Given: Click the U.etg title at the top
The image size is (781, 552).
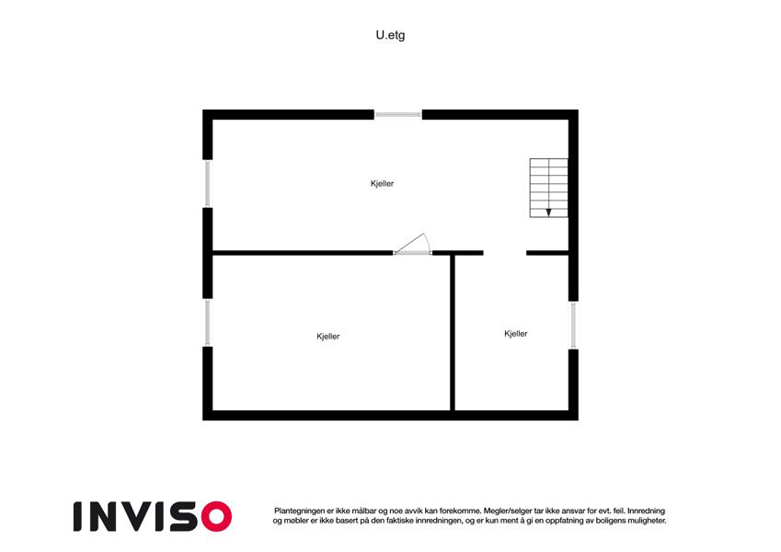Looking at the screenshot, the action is tap(390, 35).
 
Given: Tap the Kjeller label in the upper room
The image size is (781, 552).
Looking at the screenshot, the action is tap(382, 183).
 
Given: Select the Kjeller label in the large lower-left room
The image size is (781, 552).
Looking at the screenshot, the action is tap(328, 337).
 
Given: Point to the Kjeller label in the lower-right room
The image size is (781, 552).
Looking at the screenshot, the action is tap(515, 334).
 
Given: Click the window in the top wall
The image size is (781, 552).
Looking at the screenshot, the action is tap(398, 115).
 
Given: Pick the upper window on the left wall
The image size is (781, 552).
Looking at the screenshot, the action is tap(208, 183).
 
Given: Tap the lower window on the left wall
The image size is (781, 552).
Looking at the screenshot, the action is tap(208, 323).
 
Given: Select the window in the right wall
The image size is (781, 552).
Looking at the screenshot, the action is tap(573, 326).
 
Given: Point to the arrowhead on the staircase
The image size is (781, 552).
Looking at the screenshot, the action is tap(548, 213).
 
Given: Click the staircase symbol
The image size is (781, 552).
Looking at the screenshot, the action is tap(548, 188).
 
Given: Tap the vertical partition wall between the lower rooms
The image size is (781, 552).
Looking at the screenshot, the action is tap(453, 332).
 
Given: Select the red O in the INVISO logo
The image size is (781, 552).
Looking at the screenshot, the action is tap(217, 517).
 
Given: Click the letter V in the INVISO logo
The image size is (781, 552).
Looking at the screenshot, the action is tap(140, 517).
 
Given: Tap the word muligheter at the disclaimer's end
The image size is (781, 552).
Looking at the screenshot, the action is tap(646, 521).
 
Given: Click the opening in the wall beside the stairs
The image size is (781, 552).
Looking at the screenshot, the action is tap(504, 253).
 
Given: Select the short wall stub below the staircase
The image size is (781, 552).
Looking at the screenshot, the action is tap(547, 253).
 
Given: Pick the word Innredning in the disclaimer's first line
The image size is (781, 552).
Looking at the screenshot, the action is tap(646, 512).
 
